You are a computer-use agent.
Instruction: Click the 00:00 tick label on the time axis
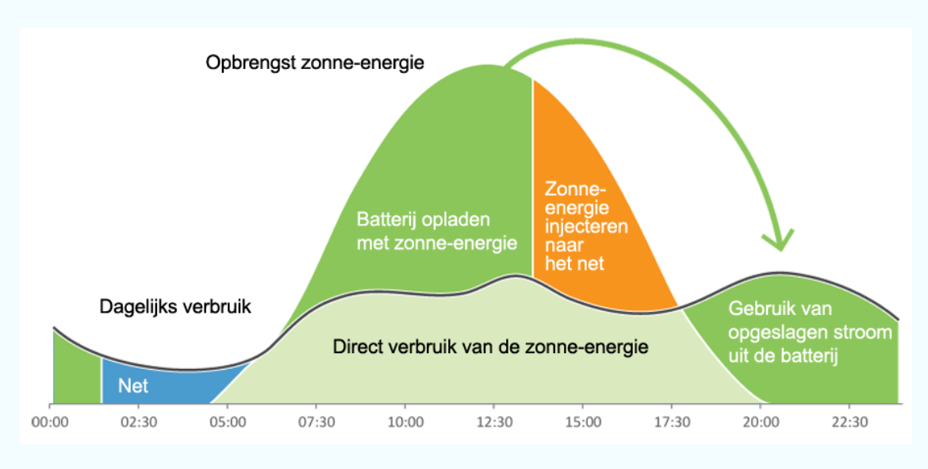coord(50,422)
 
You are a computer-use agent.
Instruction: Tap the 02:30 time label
coord(139,422)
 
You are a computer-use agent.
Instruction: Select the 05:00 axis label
coord(228,422)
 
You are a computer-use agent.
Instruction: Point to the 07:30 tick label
coord(316,422)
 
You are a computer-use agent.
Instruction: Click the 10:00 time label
coord(405,422)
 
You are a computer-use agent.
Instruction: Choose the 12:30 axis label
coord(494,422)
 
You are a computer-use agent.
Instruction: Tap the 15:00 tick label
coord(583,422)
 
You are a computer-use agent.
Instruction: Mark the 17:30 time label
coord(672,422)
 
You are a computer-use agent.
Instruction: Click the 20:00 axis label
coord(761,422)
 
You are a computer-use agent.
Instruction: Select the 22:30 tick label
coord(850,422)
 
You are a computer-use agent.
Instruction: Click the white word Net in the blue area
coord(133,386)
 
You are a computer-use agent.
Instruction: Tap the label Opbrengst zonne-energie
coord(315,62)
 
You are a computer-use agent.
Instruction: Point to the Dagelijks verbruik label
coord(175,306)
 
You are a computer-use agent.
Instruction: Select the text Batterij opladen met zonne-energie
coord(437,231)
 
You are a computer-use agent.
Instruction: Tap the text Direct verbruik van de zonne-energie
coord(491,347)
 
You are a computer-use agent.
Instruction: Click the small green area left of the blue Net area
coord(77,368)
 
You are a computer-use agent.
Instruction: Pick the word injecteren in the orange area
coord(586,226)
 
